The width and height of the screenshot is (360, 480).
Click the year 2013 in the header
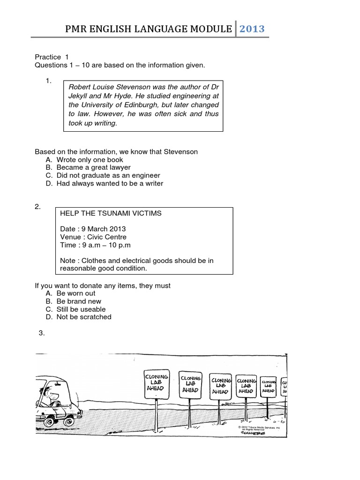coord(252,29)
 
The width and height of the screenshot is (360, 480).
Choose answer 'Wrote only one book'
coord(90,160)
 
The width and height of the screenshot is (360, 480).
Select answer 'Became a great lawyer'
coord(93,167)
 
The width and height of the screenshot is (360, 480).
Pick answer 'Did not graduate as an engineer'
coord(108,175)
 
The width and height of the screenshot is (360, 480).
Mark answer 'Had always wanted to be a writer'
coord(110,183)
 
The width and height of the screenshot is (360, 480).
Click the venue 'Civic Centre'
coord(105,237)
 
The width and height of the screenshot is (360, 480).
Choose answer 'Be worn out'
coord(75,293)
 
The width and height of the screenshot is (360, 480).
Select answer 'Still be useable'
coord(81,309)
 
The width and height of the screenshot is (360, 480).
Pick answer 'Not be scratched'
coord(84,317)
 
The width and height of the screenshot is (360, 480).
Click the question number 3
coord(42,333)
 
